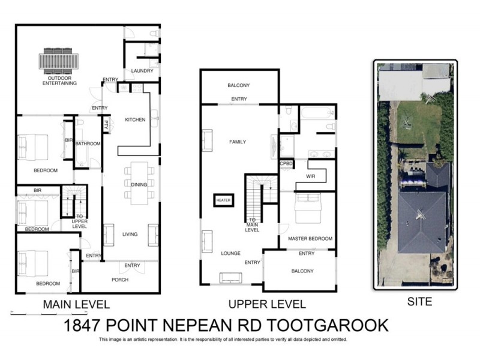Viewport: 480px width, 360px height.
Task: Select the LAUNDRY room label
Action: (x=142, y=71)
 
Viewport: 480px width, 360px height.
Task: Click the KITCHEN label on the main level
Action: (x=135, y=120)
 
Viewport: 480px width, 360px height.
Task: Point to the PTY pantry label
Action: (x=106, y=126)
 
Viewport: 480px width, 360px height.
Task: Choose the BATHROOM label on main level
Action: (x=88, y=144)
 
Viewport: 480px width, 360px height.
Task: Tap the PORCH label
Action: (x=120, y=280)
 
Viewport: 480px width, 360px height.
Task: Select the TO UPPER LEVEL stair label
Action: (x=79, y=221)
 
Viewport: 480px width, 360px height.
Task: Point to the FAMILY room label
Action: (x=238, y=142)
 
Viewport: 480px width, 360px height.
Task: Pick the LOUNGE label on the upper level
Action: (x=230, y=253)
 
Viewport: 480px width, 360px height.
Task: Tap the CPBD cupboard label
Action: (x=286, y=163)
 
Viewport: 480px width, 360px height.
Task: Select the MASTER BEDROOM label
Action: (x=310, y=239)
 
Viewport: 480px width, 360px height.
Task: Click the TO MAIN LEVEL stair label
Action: (x=253, y=224)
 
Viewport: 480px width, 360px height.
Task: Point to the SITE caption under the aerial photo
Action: (x=419, y=302)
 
